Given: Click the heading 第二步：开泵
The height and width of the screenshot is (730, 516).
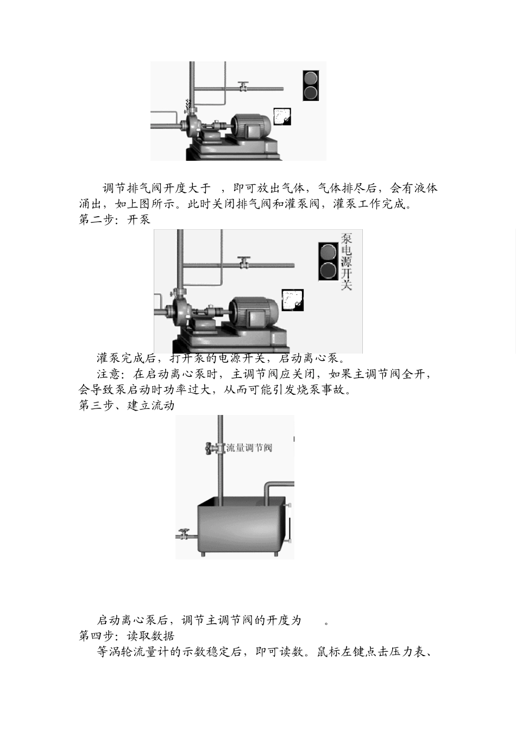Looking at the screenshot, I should (x=115, y=220).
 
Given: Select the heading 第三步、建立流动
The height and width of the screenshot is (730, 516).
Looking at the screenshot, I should (x=127, y=406).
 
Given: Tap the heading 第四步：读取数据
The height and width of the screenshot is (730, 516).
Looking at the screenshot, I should (x=127, y=635).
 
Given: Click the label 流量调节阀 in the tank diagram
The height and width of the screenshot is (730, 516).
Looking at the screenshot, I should (x=249, y=448).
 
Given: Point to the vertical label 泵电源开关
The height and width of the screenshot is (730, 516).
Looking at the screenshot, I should (x=346, y=261).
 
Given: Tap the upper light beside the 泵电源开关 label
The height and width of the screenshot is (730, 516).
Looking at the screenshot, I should (x=328, y=253).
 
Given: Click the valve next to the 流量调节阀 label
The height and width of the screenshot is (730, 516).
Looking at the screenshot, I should (x=211, y=448).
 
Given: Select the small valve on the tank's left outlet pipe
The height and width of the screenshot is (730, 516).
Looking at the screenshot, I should (x=185, y=534).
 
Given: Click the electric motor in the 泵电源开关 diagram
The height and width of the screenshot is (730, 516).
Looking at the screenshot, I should (x=253, y=311).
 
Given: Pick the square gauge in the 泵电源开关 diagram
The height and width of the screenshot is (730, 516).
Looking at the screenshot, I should (x=292, y=300).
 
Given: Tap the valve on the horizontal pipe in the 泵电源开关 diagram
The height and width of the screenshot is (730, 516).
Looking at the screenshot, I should (x=244, y=262).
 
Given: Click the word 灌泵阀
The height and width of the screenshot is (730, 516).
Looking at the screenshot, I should (x=303, y=205).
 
